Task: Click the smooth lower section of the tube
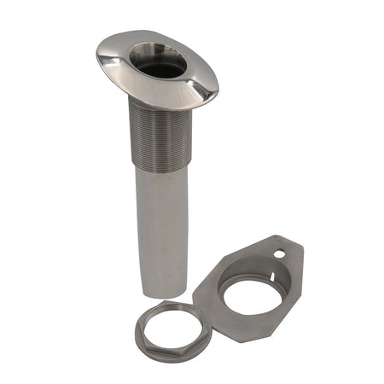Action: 162,222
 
